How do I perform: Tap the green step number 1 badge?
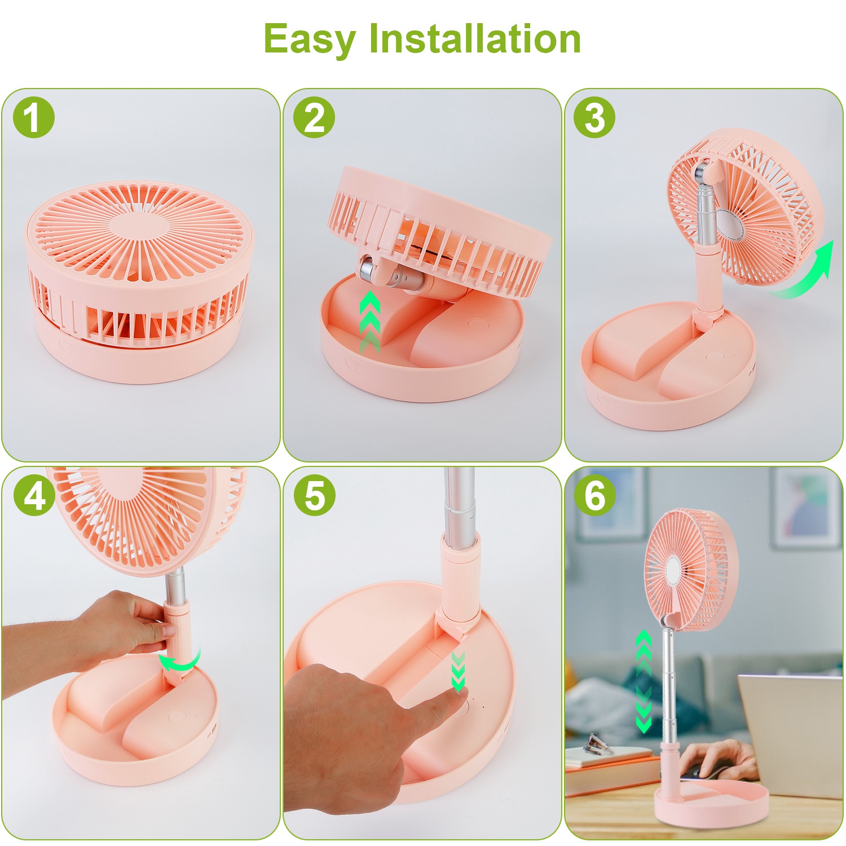34,118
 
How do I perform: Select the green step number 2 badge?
314,118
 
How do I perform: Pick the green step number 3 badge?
594,118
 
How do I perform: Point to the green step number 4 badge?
34,496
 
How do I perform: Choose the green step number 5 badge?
314,496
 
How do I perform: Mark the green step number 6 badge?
594,496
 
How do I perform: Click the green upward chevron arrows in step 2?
369,321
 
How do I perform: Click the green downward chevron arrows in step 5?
458,671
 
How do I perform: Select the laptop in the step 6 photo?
790,733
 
